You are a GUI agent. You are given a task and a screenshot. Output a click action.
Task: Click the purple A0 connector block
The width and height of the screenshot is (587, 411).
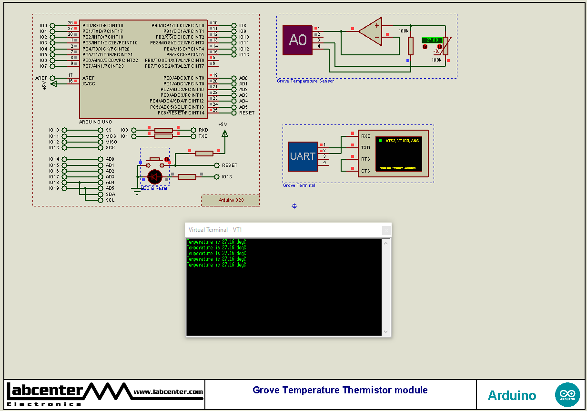tap(298, 40)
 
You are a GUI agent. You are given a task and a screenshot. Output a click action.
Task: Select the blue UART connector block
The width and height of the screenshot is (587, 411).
tap(303, 156)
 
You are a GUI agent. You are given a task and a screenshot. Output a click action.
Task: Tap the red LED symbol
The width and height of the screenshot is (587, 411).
tap(154, 177)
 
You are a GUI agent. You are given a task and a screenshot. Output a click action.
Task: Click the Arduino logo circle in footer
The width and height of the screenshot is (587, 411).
tap(567, 395)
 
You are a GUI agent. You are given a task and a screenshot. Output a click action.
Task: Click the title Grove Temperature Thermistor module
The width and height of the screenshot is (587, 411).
tap(340, 390)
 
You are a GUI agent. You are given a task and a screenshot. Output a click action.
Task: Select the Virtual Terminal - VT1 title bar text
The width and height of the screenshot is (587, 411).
tap(215, 230)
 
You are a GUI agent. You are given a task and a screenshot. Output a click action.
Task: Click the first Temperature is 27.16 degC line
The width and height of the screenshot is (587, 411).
tap(216, 242)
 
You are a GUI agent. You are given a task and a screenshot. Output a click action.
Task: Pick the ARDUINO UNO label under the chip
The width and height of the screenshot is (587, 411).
tap(96, 122)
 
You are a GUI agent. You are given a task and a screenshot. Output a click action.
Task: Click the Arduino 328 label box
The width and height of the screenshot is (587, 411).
tap(231, 200)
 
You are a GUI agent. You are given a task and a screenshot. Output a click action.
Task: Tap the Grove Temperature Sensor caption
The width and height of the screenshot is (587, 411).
tap(305, 81)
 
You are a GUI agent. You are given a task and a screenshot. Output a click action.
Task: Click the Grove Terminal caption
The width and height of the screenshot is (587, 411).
tap(299, 185)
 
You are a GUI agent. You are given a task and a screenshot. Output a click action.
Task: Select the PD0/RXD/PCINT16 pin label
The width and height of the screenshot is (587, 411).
tap(102, 26)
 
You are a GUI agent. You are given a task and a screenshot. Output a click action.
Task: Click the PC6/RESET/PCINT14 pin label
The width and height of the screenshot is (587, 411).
tap(181, 113)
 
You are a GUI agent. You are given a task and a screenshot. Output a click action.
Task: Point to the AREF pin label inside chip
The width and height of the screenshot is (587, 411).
tap(88, 78)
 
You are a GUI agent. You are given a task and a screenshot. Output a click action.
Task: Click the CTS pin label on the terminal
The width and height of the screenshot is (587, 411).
tap(365, 171)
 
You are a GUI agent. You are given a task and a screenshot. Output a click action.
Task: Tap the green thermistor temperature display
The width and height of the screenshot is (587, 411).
tap(432, 40)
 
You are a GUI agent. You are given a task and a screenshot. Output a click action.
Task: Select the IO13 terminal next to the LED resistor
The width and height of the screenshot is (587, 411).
tap(227, 177)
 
